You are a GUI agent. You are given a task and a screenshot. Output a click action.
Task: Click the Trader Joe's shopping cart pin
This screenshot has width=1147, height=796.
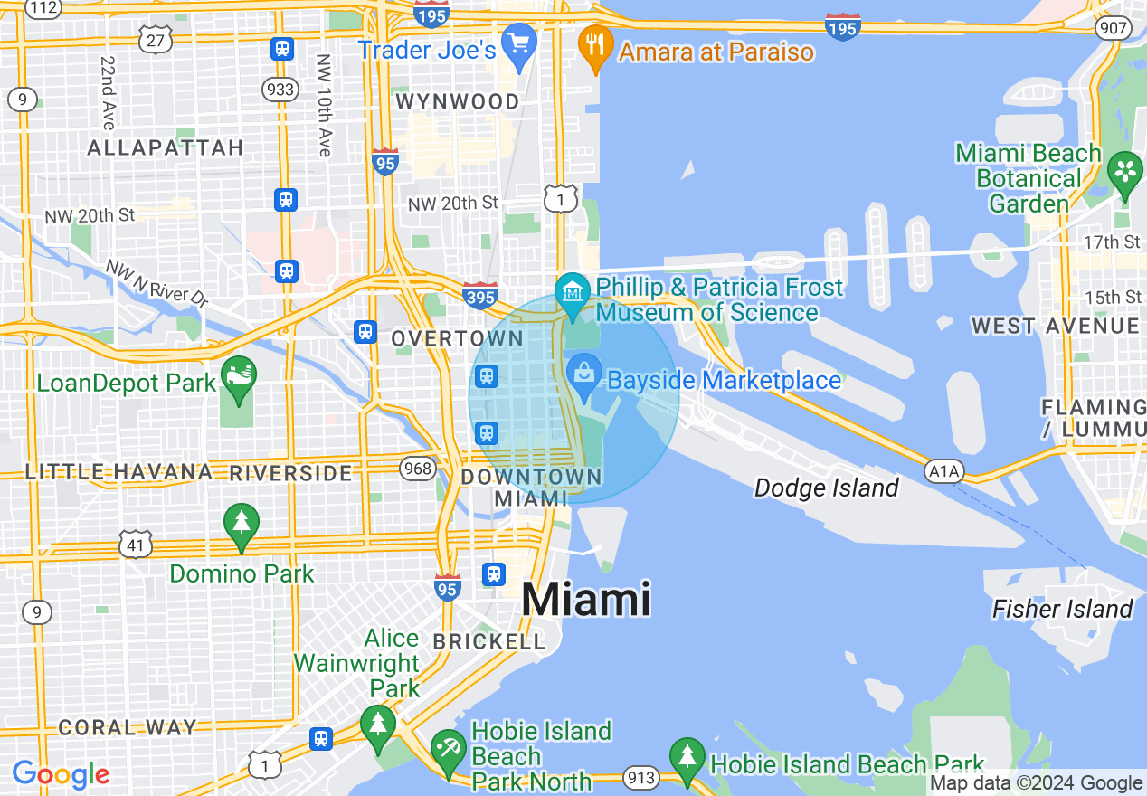tap(519, 44)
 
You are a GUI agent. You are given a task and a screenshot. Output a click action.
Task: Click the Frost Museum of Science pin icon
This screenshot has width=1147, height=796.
tap(573, 293)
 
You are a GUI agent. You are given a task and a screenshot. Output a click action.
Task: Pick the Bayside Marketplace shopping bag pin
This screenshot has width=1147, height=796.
tap(585, 374)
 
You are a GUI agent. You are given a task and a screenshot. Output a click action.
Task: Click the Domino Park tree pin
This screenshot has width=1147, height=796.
tap(241, 524)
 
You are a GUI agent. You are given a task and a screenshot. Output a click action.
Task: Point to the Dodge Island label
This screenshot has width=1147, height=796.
tap(826, 488)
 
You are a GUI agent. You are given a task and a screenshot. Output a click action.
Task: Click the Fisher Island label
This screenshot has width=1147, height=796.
tap(1062, 609)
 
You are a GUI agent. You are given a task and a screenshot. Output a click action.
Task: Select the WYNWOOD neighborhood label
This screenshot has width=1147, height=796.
tap(458, 101)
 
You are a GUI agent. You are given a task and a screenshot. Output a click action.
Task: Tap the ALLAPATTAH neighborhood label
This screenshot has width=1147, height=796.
tap(166, 147)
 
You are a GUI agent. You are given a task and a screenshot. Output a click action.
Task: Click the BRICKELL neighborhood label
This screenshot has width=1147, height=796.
tap(489, 641)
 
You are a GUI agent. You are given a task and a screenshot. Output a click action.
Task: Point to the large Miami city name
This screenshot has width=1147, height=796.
tap(586, 600)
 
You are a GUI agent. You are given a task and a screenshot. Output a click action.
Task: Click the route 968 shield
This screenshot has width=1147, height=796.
tap(417, 468)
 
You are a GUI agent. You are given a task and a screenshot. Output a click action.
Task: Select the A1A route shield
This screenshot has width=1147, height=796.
tap(944, 471)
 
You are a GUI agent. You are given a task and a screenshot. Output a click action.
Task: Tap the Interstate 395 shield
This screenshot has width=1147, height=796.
tap(479, 294)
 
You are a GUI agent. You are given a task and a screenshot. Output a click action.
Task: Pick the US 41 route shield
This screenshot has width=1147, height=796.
tap(135, 545)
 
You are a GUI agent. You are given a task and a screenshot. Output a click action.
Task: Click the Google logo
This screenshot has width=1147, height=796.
tap(61, 774)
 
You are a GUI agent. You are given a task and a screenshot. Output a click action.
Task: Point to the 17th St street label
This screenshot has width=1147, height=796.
tap(1113, 242)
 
